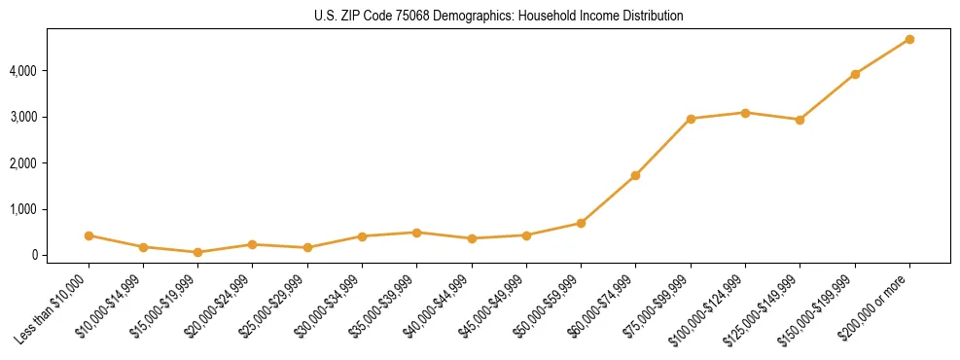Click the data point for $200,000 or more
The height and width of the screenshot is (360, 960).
pyautogui.click(x=909, y=39)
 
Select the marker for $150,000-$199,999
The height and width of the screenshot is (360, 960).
pyautogui.click(x=855, y=74)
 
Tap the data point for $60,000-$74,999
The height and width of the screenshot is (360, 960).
pyautogui.click(x=635, y=175)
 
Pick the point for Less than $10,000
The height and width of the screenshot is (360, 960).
pyautogui.click(x=89, y=235)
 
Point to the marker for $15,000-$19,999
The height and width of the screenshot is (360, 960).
pyautogui.click(x=197, y=252)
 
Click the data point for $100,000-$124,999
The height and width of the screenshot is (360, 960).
pyautogui.click(x=745, y=113)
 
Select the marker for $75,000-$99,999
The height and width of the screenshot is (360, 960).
pyautogui.click(x=691, y=119)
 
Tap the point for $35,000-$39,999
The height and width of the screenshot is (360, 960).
pyautogui.click(x=416, y=233)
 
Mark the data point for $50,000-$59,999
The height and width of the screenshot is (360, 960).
pyautogui.click(x=581, y=223)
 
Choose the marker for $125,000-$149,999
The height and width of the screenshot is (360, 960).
pyautogui.click(x=800, y=120)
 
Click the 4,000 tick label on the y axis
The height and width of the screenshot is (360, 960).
pyautogui.click(x=23, y=71)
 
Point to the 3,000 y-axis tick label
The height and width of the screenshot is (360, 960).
pyautogui.click(x=23, y=117)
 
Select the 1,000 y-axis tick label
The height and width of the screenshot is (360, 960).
pyautogui.click(x=23, y=209)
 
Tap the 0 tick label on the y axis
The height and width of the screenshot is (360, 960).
pyautogui.click(x=34, y=255)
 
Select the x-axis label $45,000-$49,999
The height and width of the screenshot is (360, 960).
pyautogui.click(x=493, y=305)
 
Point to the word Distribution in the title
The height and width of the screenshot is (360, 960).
pyautogui.click(x=650, y=17)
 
